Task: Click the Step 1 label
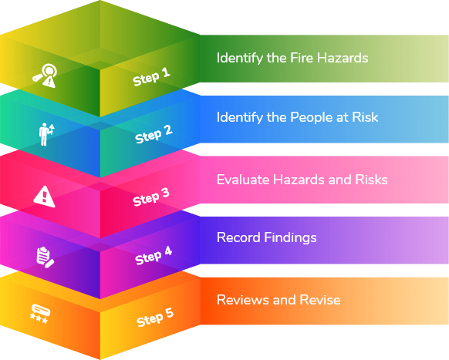pyautogui.click(x=151, y=76)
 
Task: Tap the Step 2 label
pyautogui.click(x=154, y=134)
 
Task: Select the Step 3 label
pyautogui.click(x=151, y=197)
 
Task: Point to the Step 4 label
pyautogui.click(x=154, y=256)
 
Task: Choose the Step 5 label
pyautogui.click(x=155, y=318)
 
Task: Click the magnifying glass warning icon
pyautogui.click(x=45, y=76)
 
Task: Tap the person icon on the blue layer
pyautogui.click(x=46, y=134)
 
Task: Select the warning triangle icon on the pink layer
pyautogui.click(x=44, y=197)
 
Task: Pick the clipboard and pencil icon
pyautogui.click(x=45, y=257)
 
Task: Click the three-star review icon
pyautogui.click(x=40, y=314)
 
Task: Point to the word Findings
pyautogui.click(x=290, y=238)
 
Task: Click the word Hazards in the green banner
pyautogui.click(x=343, y=58)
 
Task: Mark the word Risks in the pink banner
pyautogui.click(x=371, y=180)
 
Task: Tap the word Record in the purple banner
pyautogui.click(x=238, y=237)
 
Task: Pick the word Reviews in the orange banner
pyautogui.click(x=243, y=300)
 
